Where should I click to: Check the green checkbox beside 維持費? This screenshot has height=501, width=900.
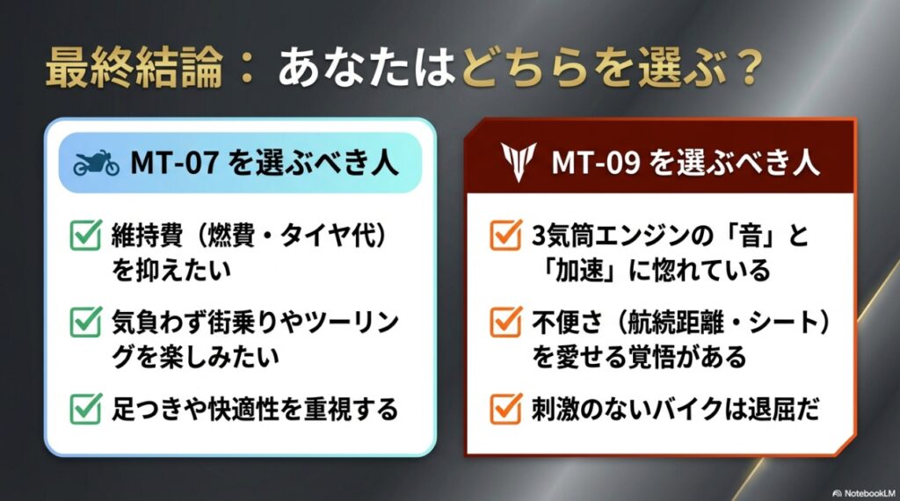pyautogui.click(x=85, y=236)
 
